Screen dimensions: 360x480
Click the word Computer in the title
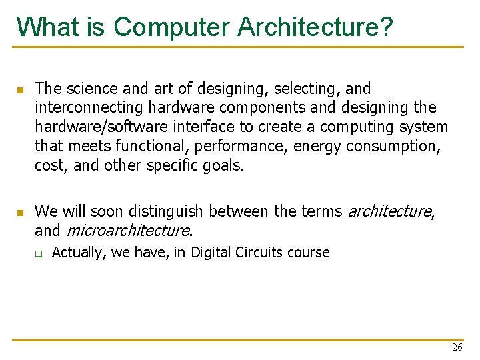172,27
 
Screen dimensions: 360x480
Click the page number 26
457,347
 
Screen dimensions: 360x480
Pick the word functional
138,145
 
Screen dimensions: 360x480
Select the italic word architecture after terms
389,211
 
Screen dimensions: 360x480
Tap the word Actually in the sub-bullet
75,253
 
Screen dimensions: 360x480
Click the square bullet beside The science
20,89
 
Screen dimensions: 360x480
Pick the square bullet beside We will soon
20,213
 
